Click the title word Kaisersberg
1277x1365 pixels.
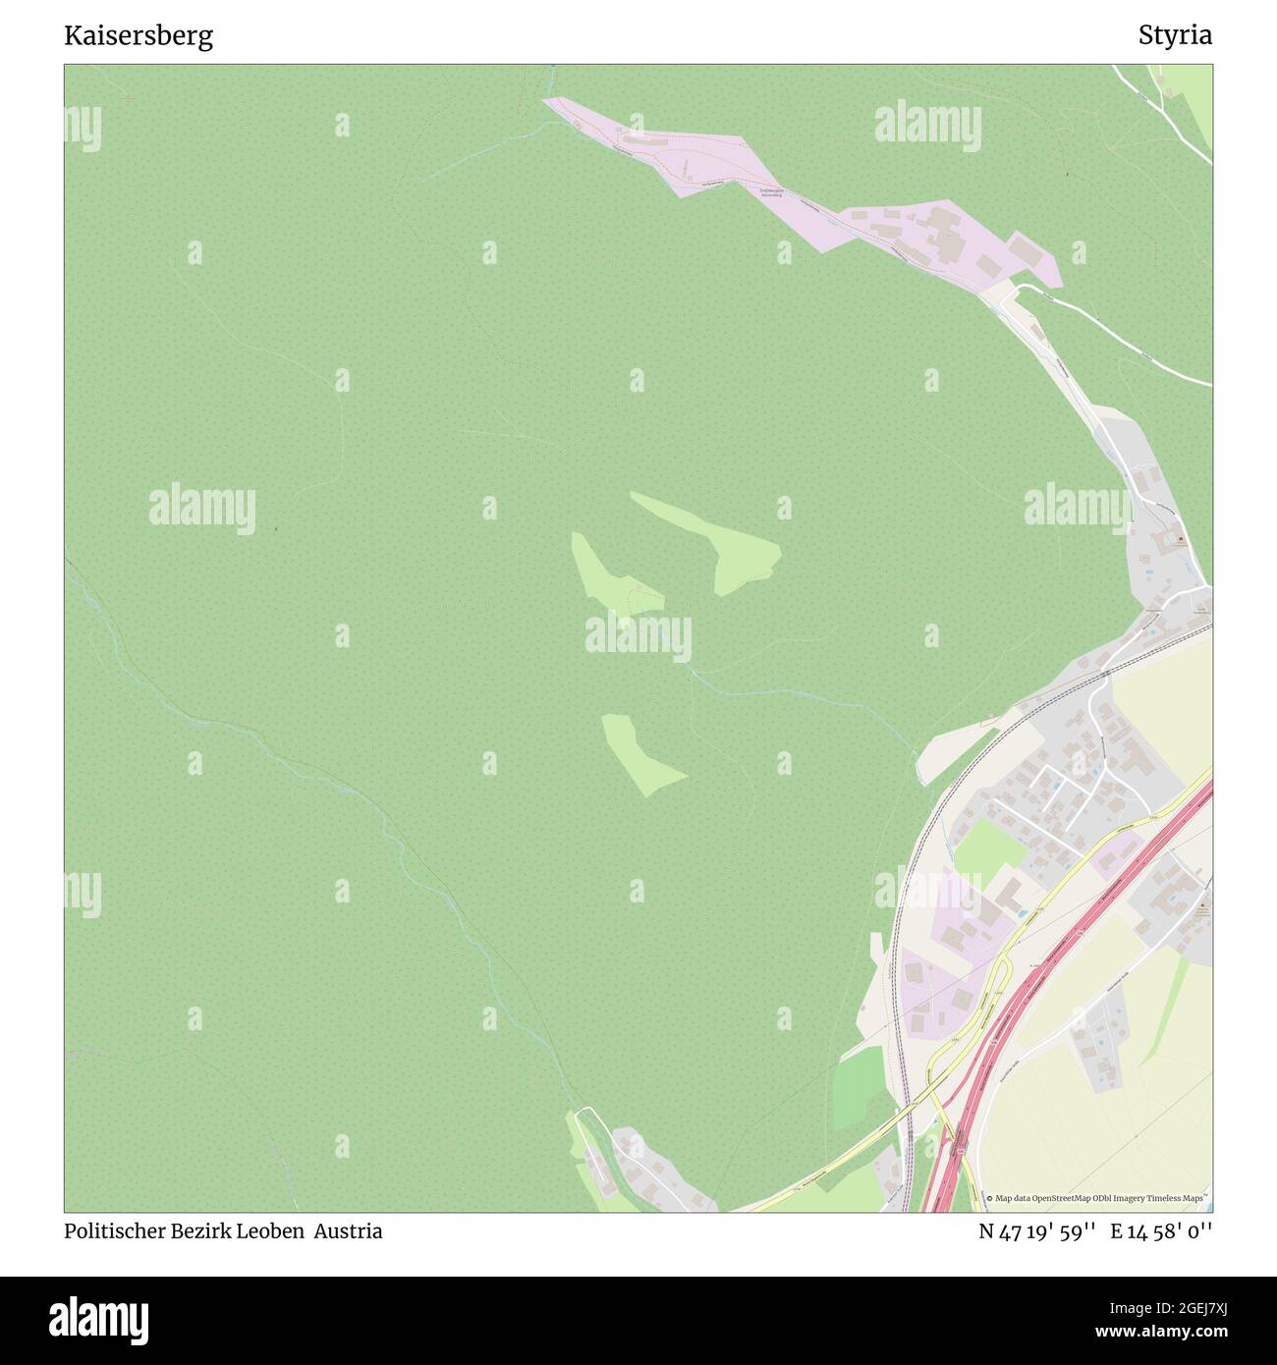pos(139,36)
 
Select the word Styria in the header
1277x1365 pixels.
pos(1175,36)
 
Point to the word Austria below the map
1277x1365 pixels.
pos(349,1231)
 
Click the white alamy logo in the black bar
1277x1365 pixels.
pos(100,1318)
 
